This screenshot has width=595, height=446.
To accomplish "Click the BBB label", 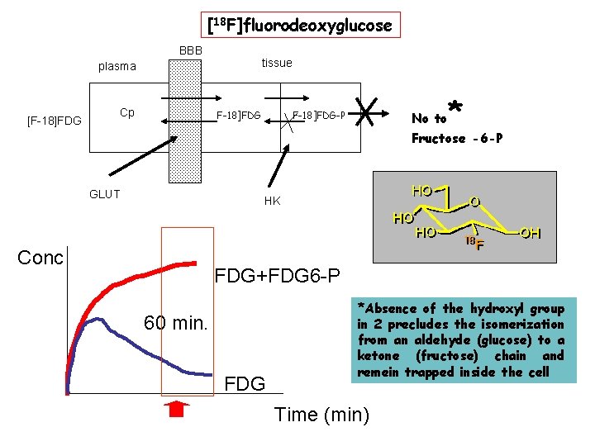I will point(191,50).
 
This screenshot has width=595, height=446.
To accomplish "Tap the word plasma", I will point(117,66).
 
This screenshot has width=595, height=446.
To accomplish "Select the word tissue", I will point(277,63).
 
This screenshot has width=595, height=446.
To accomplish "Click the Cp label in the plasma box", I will point(126,112).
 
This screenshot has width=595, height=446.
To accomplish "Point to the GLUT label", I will point(104,194).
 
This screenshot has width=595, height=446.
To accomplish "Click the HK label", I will point(272,201).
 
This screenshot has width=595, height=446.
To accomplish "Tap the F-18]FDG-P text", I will point(319,115).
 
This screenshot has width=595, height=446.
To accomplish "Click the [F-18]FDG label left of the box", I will point(54,121).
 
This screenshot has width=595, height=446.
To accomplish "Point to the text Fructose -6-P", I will point(456,138).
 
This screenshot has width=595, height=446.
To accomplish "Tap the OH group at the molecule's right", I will point(531,234).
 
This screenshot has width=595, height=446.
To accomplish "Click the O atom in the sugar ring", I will point(474,202).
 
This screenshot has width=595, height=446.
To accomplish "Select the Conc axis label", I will point(40,258).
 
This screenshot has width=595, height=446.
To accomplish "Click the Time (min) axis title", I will point(321,415).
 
